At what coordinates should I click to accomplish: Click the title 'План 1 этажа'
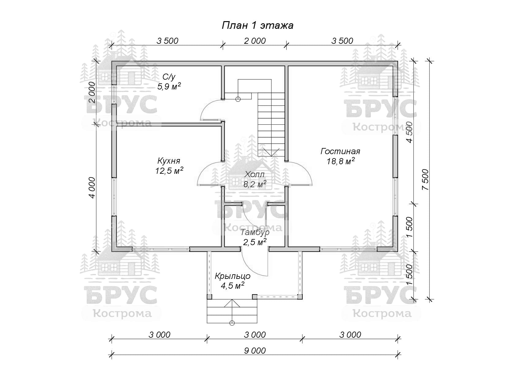pos(257,25)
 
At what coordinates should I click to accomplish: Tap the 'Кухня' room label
pos(169,161)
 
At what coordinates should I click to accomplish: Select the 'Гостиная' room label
pos(340,151)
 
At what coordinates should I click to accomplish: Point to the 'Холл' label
pos(254,174)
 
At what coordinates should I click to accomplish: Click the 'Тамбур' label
pos(255,232)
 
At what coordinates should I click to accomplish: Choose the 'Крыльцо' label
pos(232,276)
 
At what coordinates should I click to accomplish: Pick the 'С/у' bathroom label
pos(169,77)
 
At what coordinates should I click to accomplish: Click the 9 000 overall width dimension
pos(255,351)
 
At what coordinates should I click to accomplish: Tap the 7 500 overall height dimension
pos(425,180)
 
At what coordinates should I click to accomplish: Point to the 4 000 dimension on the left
pos(92,188)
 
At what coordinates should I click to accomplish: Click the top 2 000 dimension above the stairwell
pos(255,41)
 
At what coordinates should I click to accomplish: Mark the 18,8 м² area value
pos(340,161)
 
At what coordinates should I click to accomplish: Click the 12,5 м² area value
pos(169,170)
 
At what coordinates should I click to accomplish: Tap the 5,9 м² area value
pos(169,86)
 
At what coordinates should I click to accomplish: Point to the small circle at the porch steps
pos(232,323)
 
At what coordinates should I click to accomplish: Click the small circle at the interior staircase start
pos(238,99)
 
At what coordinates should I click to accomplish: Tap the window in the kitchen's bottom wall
pos(161,249)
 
